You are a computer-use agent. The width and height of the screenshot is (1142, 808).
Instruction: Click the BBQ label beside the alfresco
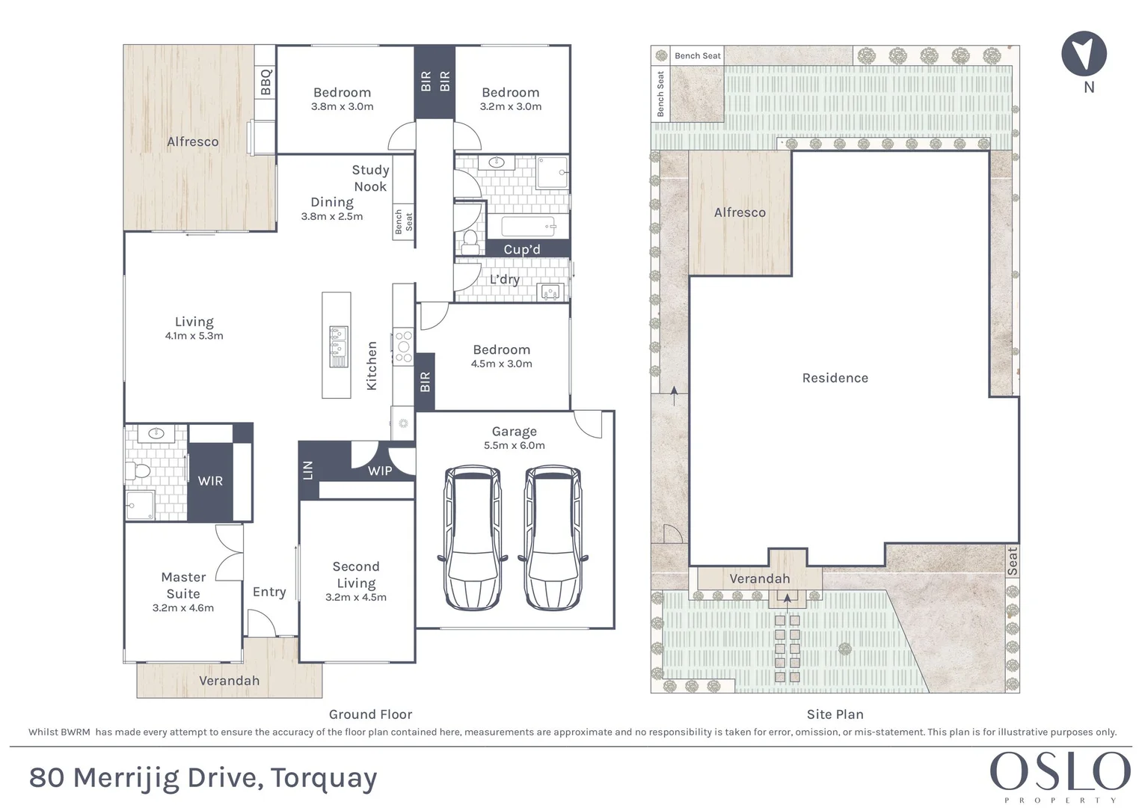coord(265,82)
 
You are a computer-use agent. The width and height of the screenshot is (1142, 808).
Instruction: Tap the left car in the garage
coord(473,537)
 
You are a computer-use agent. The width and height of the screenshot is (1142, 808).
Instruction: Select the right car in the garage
coord(553,537)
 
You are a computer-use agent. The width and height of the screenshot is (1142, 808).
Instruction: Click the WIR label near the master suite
coord(210,481)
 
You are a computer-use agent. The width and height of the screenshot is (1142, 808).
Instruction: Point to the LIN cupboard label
coord(307,471)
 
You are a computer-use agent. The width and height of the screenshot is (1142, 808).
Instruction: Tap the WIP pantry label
coord(380,471)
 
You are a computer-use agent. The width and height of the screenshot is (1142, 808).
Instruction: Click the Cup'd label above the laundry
coord(521,249)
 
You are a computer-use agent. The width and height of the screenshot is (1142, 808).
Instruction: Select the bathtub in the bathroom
coord(527,226)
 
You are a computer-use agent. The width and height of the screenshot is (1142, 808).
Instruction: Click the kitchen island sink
coord(338,341)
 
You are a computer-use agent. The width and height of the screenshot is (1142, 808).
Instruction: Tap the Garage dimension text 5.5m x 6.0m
coord(514,445)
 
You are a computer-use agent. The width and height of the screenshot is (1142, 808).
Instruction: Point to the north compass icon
coord(1084,54)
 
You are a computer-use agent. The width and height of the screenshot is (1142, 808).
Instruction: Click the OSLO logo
coord(1060,772)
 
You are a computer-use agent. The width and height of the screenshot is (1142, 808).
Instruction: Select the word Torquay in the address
coord(324,778)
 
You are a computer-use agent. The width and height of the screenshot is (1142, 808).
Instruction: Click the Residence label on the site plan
coord(835,378)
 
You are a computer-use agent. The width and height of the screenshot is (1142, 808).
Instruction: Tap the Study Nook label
coord(370,178)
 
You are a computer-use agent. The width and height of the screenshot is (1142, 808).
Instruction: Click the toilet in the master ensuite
coord(139,471)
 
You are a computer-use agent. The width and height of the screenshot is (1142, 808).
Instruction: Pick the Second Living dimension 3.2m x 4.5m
coord(355,597)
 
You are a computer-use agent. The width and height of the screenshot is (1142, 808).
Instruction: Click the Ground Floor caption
coord(370,714)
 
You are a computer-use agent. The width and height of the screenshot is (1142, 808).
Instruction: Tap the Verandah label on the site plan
coord(759,578)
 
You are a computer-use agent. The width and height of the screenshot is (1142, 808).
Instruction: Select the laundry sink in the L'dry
coord(551,291)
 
